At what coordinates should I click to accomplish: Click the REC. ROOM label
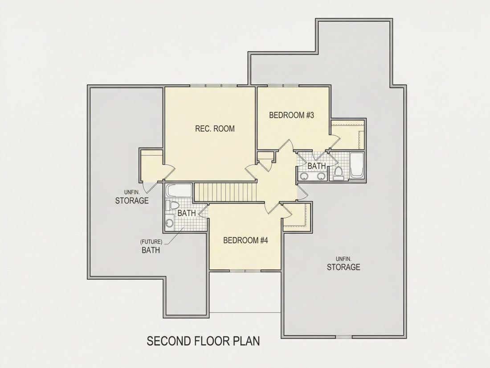click(x=215, y=128)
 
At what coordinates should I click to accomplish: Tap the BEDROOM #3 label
click(x=291, y=115)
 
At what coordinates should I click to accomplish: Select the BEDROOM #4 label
click(x=245, y=240)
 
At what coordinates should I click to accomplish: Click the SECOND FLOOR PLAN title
click(x=203, y=341)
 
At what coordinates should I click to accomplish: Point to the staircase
click(x=225, y=192)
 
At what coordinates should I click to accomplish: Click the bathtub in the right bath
click(x=356, y=165)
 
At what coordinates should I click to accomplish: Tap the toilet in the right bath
click(x=338, y=174)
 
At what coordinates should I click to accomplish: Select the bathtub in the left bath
click(x=179, y=190)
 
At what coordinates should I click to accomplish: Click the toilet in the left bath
click(x=171, y=206)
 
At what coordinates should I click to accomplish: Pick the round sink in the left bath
click(x=169, y=223)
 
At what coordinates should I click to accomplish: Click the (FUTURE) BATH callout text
click(x=151, y=246)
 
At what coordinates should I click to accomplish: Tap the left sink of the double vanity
click(x=303, y=177)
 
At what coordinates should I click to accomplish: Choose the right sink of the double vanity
click(x=321, y=177)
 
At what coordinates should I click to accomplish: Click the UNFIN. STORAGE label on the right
click(x=343, y=264)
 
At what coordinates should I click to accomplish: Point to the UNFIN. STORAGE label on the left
click(x=132, y=197)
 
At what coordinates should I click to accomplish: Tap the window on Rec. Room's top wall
click(x=214, y=86)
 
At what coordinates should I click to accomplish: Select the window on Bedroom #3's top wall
click(x=283, y=86)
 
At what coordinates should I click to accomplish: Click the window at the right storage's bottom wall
click(x=343, y=337)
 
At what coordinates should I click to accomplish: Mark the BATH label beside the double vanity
click(x=317, y=165)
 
